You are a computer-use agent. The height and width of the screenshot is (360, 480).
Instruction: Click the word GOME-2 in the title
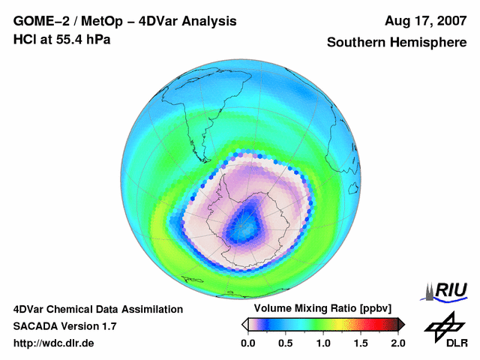pyautogui.click(x=40, y=21)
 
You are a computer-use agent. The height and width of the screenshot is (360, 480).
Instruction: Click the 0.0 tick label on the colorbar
pyautogui.click(x=247, y=343)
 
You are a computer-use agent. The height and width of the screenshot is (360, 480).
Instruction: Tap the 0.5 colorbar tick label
pyautogui.click(x=285, y=343)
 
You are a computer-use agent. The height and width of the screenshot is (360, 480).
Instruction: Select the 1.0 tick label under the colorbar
pyautogui.click(x=322, y=343)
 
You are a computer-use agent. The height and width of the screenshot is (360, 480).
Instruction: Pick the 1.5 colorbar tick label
pyautogui.click(x=360, y=343)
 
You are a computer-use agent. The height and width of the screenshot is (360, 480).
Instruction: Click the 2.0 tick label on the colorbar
pyautogui.click(x=397, y=343)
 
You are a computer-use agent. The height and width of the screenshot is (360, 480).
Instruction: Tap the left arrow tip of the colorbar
pyautogui.click(x=244, y=323)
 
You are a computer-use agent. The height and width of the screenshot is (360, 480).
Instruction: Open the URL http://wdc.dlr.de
pyautogui.click(x=54, y=343)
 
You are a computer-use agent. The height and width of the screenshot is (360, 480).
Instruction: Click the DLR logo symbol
pyautogui.click(x=445, y=326)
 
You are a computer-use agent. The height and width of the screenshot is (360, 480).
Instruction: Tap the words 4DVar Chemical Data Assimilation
pyautogui.click(x=97, y=309)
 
